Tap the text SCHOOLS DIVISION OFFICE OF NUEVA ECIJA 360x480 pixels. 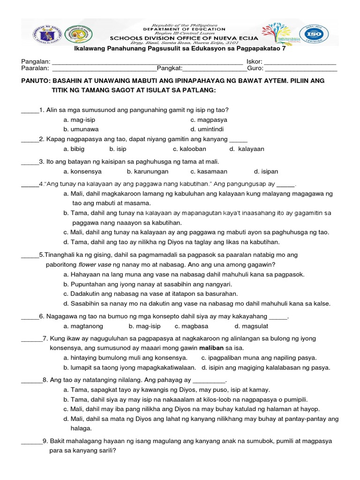(183, 37)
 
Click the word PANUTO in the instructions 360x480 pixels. (36, 81)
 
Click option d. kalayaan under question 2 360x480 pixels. (247, 149)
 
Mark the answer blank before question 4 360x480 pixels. (30, 184)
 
